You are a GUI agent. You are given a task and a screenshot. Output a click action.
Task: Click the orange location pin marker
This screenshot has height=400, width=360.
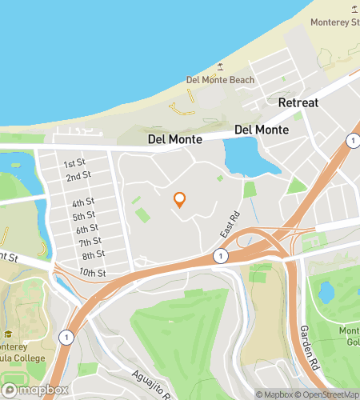(x=180, y=199)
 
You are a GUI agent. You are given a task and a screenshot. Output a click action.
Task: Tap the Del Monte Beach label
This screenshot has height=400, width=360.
(x=220, y=80)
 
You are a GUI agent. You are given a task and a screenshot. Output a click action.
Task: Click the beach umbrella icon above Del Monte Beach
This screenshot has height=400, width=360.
(x=221, y=67)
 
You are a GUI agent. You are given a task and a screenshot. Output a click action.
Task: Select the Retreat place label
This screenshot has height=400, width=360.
(x=298, y=103)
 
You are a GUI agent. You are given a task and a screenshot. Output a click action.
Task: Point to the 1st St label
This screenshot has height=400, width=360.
(x=75, y=162)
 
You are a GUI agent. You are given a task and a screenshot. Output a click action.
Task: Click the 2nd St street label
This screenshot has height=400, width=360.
(x=78, y=176)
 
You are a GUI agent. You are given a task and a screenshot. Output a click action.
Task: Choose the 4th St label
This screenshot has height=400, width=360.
(x=82, y=202)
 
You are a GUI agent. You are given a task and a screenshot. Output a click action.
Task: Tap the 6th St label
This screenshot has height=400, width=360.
(x=87, y=229)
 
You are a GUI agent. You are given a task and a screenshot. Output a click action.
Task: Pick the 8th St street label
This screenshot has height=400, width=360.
(x=94, y=255)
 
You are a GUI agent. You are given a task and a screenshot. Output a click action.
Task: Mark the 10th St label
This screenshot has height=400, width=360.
(x=94, y=273)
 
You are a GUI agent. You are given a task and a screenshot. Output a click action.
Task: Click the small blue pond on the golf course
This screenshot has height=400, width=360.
(x=326, y=292)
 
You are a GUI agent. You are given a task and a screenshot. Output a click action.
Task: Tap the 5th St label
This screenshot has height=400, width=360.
(x=84, y=216)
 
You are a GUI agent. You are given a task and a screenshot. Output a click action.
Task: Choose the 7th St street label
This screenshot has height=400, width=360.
(x=90, y=242)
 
